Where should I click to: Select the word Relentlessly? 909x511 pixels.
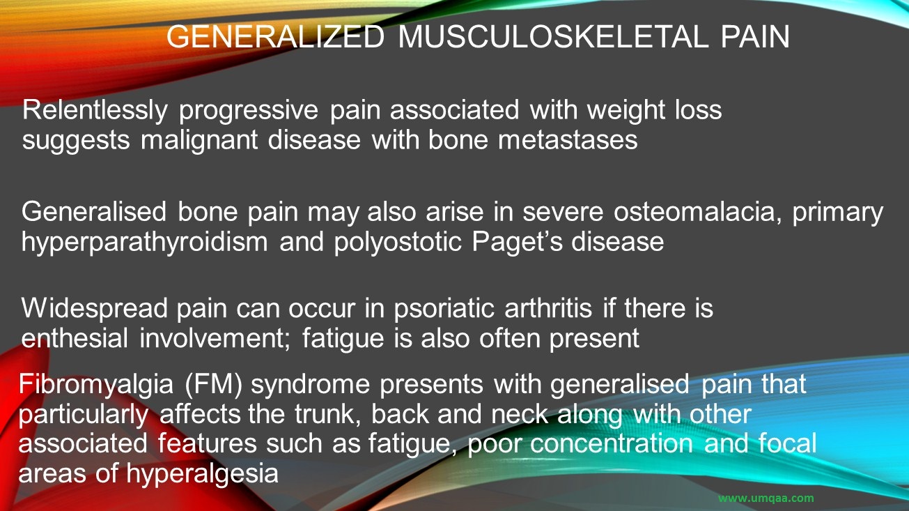coord(95,111)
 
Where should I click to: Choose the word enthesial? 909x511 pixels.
coord(75,338)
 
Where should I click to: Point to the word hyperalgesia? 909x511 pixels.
coord(203,474)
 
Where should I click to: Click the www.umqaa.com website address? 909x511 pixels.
coord(766,498)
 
